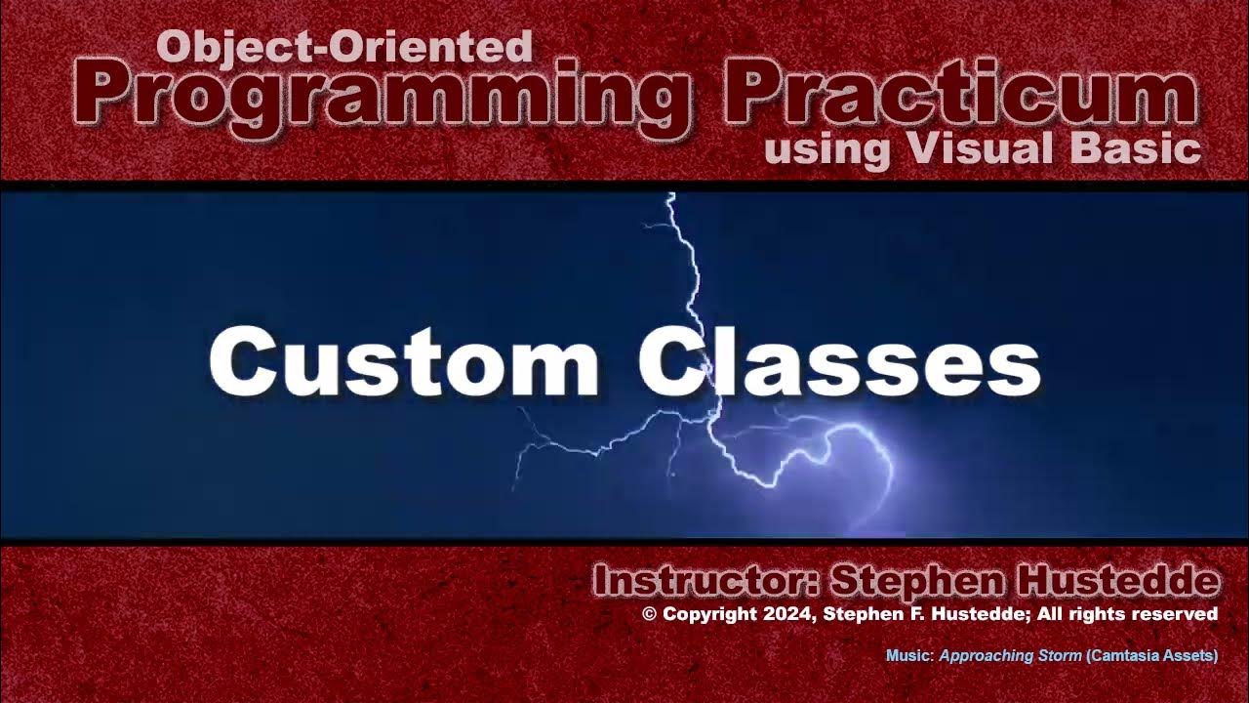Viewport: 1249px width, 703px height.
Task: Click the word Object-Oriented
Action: point(344,46)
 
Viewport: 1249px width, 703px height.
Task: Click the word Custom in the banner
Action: point(404,360)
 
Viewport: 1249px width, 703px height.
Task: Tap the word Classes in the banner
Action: point(839,360)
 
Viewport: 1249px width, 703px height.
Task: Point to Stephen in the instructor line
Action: point(918,582)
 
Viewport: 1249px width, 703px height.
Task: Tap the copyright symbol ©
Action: point(650,614)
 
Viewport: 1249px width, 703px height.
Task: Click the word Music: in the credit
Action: point(909,656)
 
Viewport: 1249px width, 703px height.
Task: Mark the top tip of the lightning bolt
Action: point(670,196)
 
